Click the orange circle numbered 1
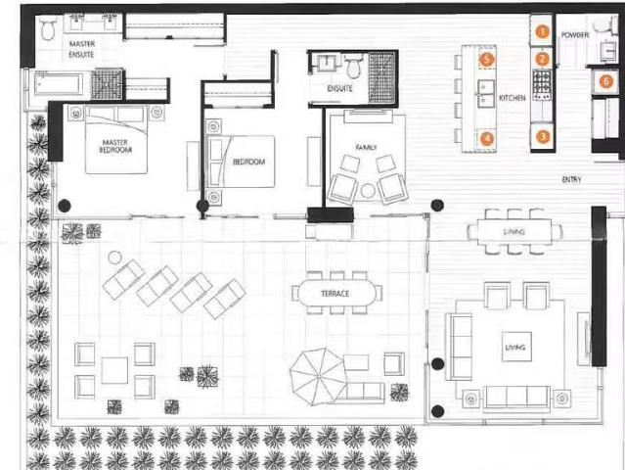(541, 31)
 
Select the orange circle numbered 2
(541, 60)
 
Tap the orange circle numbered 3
(542, 137)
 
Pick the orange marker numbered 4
(486, 138)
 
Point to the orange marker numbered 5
(486, 60)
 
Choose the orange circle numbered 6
(606, 81)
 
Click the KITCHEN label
(513, 99)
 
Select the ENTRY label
(573, 179)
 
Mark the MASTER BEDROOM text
(115, 148)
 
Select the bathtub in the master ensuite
(61, 86)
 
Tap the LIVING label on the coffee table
(514, 347)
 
